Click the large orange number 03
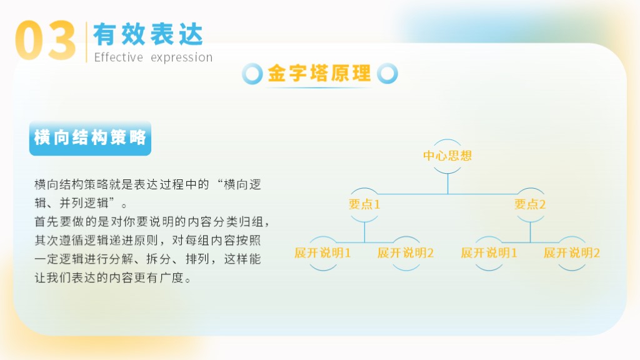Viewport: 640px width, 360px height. coord(45,41)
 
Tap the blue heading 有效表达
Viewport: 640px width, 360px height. coord(148,34)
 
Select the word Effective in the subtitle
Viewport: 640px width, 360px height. coord(118,57)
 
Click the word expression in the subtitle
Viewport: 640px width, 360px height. coord(182,57)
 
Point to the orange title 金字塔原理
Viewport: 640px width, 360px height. coord(319,74)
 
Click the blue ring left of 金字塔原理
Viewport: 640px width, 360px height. coord(252,74)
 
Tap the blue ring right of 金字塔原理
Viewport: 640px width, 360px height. coord(387,74)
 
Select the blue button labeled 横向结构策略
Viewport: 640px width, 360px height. coord(90,138)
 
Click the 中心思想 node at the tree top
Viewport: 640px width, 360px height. coord(447,156)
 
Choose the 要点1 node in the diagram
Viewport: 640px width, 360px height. coord(364,204)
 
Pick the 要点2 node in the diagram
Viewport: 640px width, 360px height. coord(530,204)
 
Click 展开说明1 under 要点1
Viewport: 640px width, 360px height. coord(322,252)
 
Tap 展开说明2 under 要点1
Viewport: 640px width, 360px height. coord(405,252)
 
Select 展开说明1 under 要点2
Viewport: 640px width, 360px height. coord(489,252)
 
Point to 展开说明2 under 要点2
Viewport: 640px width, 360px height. coord(572,252)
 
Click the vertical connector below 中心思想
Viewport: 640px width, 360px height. coord(447,184)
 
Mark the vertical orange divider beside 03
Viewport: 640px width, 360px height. coord(86,42)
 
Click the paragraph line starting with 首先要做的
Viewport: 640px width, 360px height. coord(152,222)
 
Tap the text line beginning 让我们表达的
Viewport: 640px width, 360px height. coord(112,278)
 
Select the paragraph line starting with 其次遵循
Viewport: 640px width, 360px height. coord(147,241)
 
